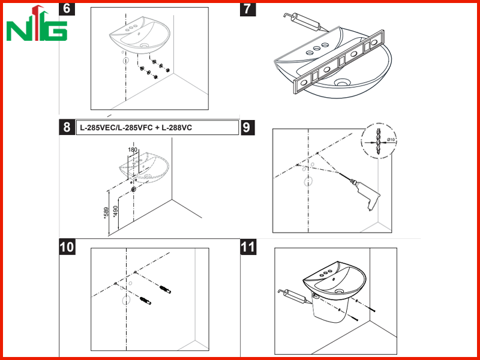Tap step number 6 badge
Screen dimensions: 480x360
67,8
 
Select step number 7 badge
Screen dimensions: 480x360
248,9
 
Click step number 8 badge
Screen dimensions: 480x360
67,127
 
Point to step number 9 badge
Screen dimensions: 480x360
247,127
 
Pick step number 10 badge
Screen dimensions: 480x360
67,247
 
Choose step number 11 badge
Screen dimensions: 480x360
248,247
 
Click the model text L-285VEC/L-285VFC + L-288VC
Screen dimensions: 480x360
136,128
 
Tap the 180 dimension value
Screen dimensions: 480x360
133,150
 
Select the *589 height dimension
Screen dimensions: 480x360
106,214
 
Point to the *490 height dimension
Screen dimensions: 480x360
115,211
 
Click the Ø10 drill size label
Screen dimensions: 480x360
391,140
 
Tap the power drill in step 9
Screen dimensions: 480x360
366,194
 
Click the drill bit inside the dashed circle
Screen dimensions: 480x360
379,141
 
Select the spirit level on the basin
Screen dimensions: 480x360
338,62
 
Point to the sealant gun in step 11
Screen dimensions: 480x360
293,296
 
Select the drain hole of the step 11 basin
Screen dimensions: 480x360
340,291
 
